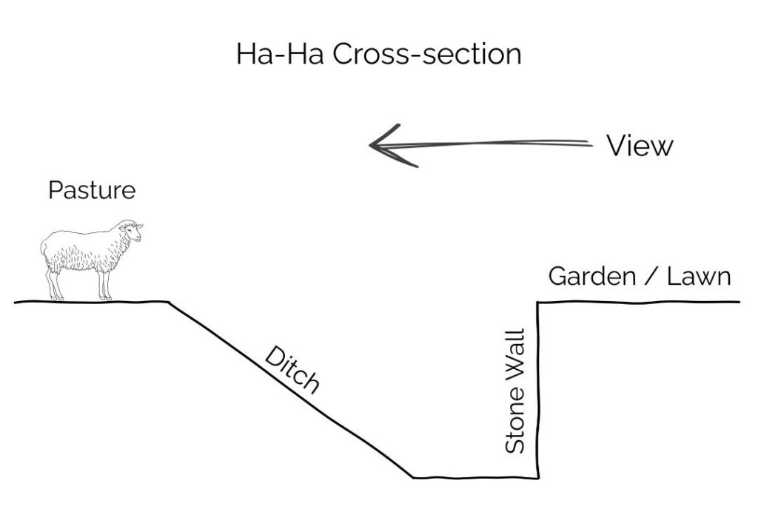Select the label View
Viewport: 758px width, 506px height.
640,146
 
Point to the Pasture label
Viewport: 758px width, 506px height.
92,190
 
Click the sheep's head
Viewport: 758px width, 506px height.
131,232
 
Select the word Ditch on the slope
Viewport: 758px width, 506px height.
292,371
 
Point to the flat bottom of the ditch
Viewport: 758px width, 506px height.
474,477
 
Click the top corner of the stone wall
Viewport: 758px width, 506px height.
538,302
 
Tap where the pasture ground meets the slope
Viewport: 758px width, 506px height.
170,302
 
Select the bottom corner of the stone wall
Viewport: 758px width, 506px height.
538,477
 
